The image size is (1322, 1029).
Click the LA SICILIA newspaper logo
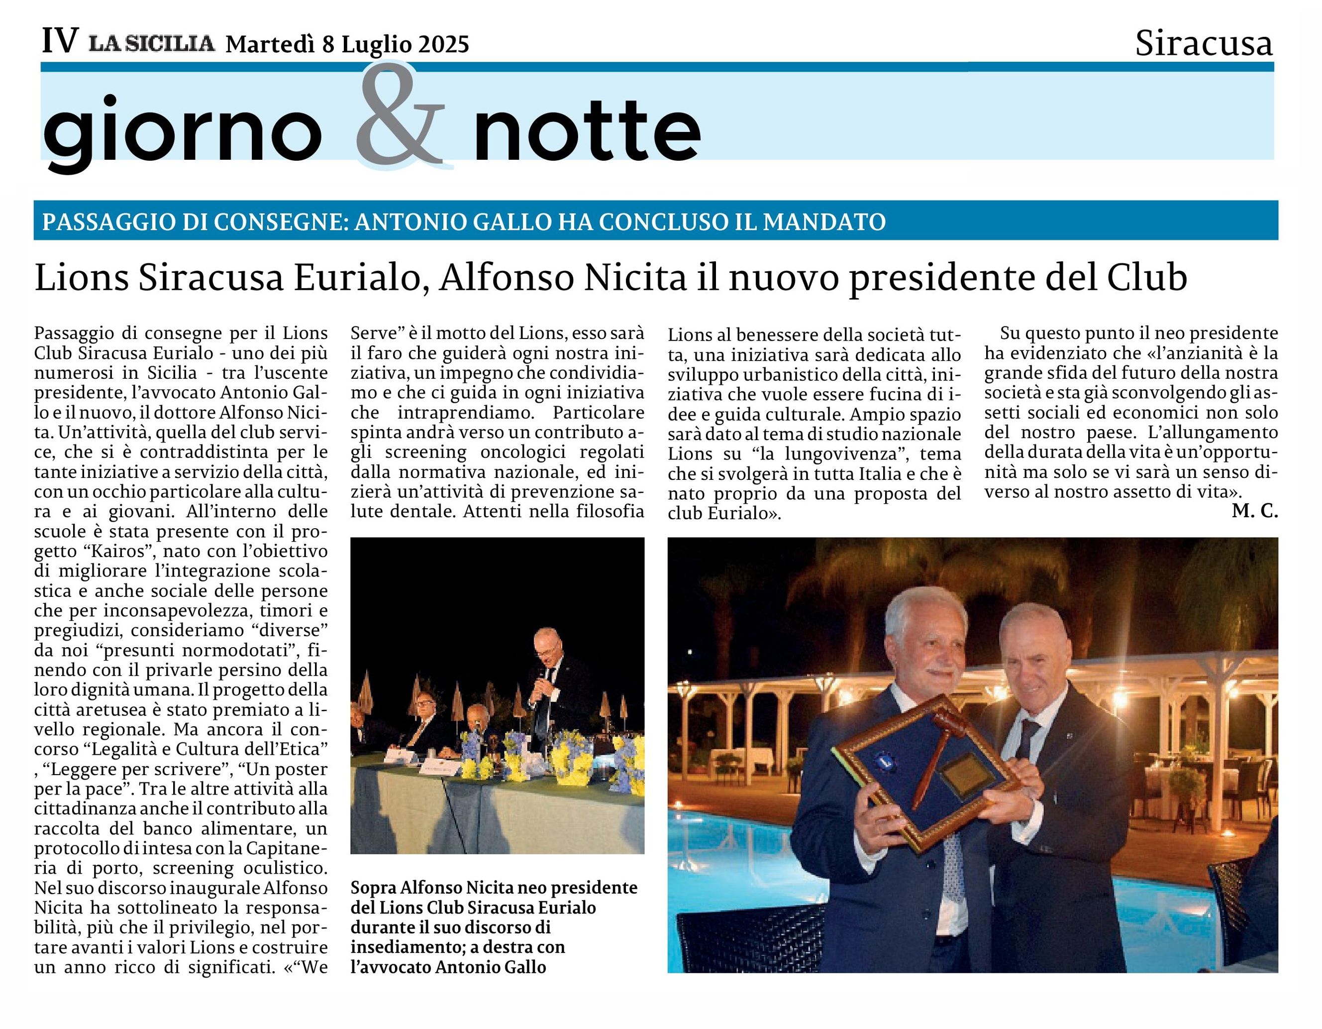[x=153, y=44]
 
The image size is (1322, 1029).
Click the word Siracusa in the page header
[x=1204, y=44]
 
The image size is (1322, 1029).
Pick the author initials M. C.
[x=1254, y=512]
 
